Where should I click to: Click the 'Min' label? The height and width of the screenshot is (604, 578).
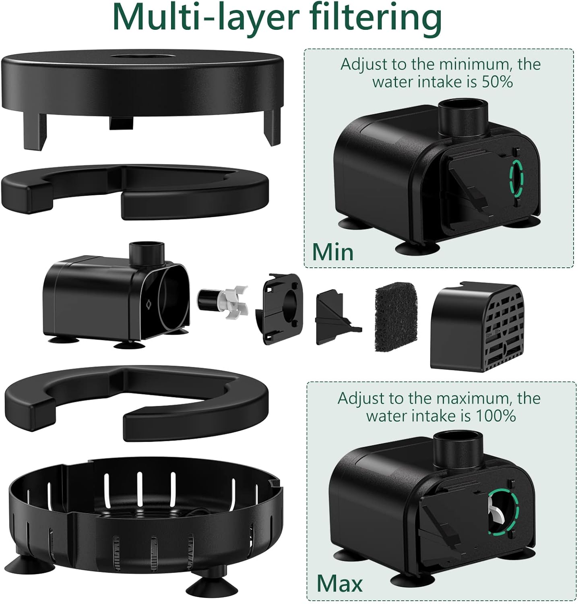click(332, 252)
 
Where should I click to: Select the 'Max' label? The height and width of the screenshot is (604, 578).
click(339, 583)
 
